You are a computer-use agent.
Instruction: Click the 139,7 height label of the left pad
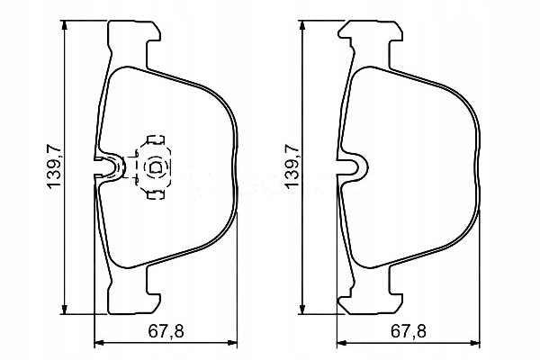(x=54, y=166)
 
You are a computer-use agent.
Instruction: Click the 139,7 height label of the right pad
(x=292, y=166)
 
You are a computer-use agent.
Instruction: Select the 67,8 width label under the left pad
(x=166, y=332)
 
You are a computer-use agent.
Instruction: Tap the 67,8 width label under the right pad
(x=409, y=332)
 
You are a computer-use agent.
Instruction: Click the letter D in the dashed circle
(x=156, y=167)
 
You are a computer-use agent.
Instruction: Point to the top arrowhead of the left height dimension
(x=64, y=27)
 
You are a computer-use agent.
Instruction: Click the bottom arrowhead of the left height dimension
(x=64, y=308)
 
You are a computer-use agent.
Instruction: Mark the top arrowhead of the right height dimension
(x=302, y=27)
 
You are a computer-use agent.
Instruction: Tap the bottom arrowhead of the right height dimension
(x=302, y=308)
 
